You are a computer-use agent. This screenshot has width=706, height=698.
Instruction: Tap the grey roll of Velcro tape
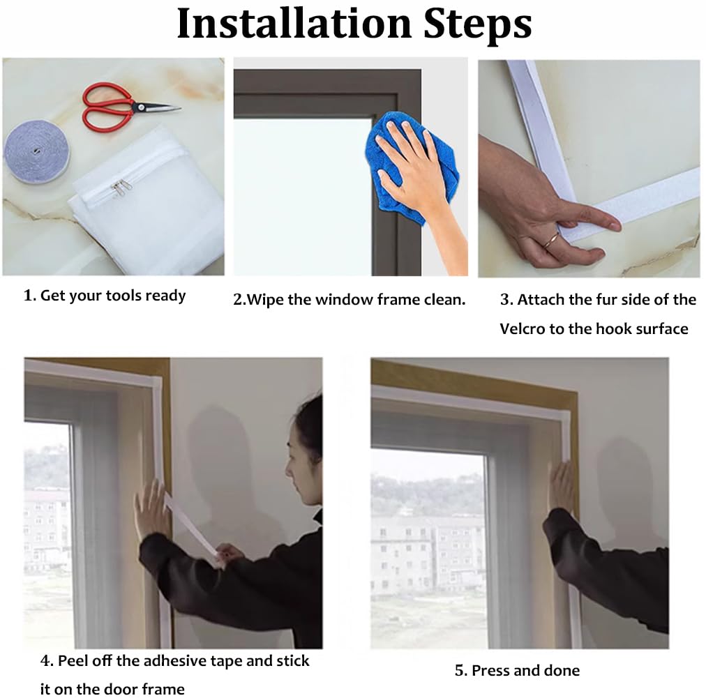click(37, 151)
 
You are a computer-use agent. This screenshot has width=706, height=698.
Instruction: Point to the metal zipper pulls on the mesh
click(120, 187)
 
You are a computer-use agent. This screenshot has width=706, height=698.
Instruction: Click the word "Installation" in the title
click(294, 24)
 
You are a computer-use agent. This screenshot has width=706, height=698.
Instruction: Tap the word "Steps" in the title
click(478, 24)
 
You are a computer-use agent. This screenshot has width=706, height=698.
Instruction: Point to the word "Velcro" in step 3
click(523, 329)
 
